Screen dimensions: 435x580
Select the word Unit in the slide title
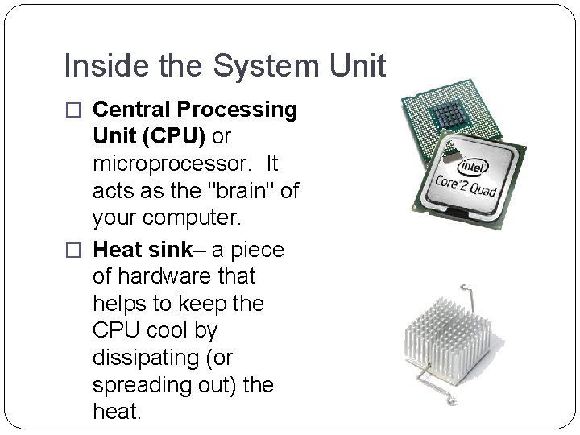[357, 66]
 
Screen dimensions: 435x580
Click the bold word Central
[133, 110]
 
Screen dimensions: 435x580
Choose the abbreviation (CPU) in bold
[172, 137]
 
